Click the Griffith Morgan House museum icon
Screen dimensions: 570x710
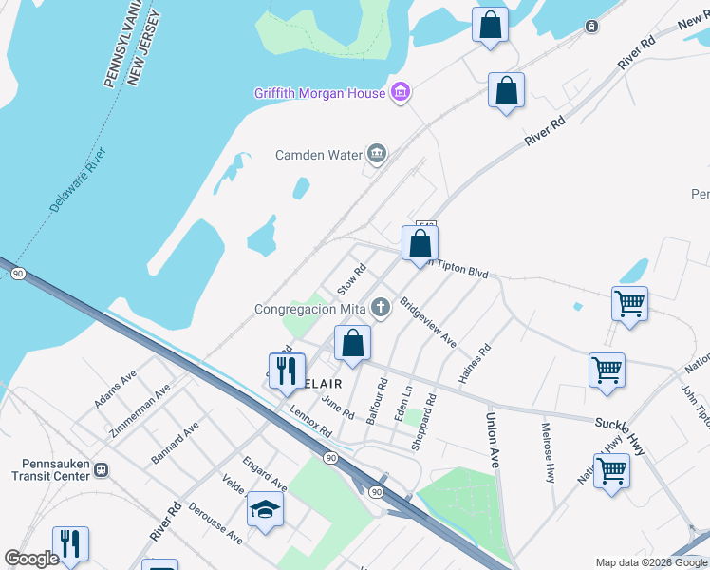coord(401,92)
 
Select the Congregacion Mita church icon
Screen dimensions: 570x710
coord(381,306)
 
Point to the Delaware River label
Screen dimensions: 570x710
coord(80,180)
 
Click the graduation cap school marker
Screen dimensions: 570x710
coord(266,511)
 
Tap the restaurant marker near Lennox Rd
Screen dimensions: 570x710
coord(286,370)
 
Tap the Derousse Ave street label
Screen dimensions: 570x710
coord(215,523)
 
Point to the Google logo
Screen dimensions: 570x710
coord(31,560)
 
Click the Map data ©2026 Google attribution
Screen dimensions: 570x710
coord(650,562)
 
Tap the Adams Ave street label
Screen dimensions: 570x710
coord(115,389)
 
